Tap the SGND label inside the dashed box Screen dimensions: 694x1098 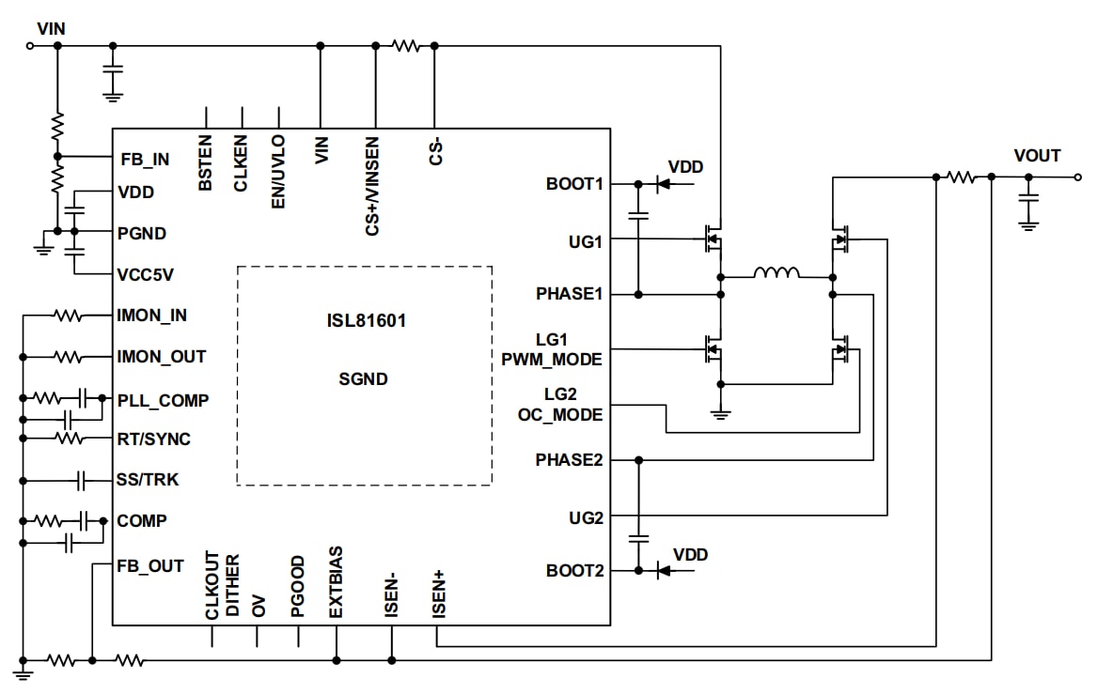point(363,380)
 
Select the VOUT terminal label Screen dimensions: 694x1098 point(1037,156)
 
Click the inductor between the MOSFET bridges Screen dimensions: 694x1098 point(776,274)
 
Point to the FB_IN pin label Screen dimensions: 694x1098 point(145,160)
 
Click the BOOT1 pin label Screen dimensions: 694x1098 point(573,184)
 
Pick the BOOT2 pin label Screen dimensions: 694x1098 point(573,570)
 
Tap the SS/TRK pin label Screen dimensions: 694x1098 point(148,480)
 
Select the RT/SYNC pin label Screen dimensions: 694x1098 point(153,439)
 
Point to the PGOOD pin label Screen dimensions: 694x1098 point(298,586)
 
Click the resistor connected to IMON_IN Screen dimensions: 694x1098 point(68,316)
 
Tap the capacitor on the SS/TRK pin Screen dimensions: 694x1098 point(83,480)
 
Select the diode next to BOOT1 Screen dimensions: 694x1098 point(663,184)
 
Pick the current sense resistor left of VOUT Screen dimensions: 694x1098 point(963,177)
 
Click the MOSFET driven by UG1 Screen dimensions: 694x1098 point(713,239)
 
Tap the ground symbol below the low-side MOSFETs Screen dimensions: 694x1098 point(720,412)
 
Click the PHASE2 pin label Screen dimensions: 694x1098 point(569,460)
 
